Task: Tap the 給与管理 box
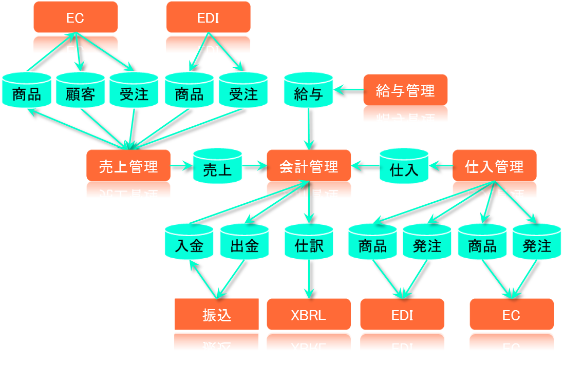coord(405,91)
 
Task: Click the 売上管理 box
coord(128,166)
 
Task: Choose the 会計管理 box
coord(309,166)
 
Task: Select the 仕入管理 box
coord(494,166)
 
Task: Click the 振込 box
coord(216,315)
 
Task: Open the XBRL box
coord(308,315)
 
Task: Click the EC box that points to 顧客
coord(76,17)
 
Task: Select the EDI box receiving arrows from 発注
coord(402,315)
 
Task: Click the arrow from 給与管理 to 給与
coord(349,91)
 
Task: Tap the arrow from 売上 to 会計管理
coord(254,166)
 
